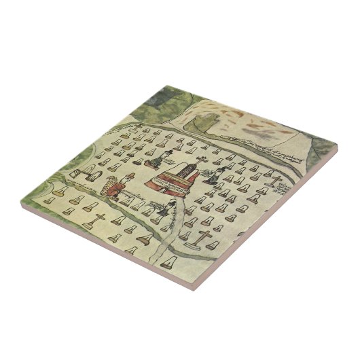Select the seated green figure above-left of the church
point(162,162)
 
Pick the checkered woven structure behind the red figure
point(107,185)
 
